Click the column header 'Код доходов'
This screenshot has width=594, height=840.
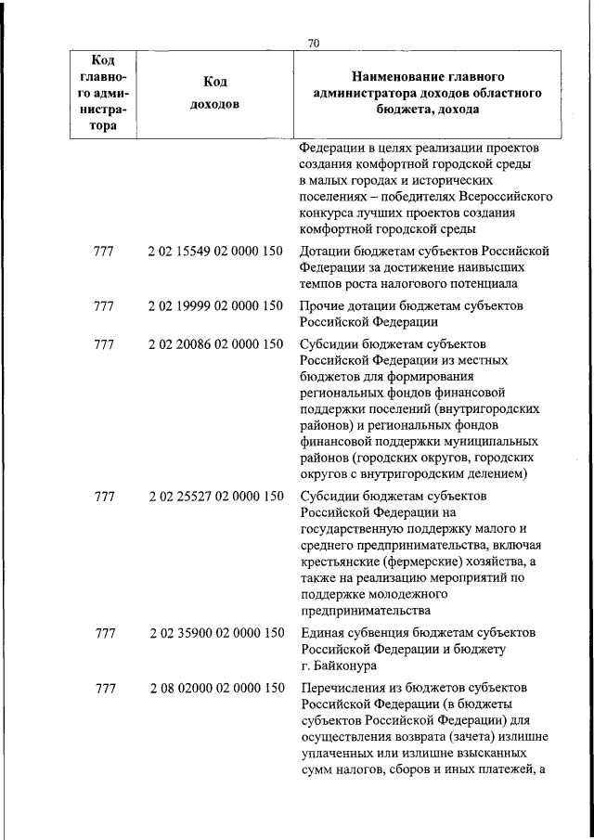[213, 93]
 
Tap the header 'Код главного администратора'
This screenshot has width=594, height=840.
[104, 93]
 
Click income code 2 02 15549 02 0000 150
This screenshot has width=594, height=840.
[215, 251]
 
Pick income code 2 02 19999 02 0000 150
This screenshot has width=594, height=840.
[215, 305]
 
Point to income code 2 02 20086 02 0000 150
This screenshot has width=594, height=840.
[215, 345]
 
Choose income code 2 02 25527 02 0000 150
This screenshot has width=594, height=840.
[215, 497]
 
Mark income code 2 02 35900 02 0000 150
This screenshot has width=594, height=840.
[215, 633]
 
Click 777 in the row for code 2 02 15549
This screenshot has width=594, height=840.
[105, 251]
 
